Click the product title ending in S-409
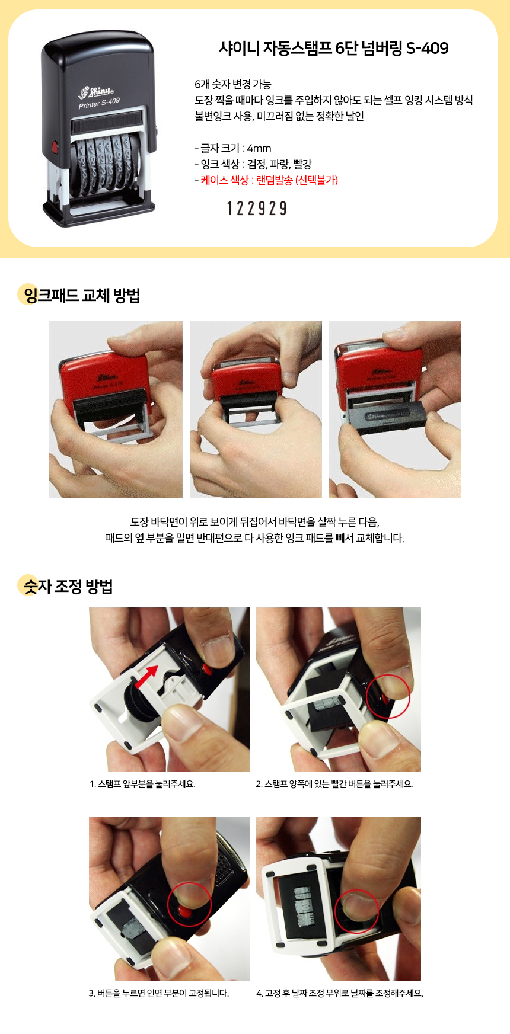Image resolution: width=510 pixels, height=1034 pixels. click(x=333, y=48)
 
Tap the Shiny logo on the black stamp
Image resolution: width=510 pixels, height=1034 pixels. click(x=96, y=92)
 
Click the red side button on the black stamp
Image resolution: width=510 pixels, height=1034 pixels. click(x=56, y=146)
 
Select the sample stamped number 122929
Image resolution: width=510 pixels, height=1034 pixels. click(x=257, y=208)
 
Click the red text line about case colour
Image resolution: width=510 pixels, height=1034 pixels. click(x=266, y=180)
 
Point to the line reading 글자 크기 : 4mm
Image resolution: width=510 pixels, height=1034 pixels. click(x=233, y=148)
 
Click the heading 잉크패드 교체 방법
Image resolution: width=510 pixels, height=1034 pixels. click(x=81, y=295)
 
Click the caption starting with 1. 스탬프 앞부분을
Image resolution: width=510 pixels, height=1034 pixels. click(x=142, y=784)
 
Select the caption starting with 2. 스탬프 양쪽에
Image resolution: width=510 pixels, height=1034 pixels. click(x=334, y=784)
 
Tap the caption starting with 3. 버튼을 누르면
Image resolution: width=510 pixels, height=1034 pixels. click(x=159, y=993)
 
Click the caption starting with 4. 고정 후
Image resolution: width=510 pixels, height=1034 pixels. click(x=340, y=993)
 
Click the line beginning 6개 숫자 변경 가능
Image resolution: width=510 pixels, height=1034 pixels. click(x=232, y=84)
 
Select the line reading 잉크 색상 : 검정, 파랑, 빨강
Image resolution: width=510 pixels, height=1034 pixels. click(x=253, y=164)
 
